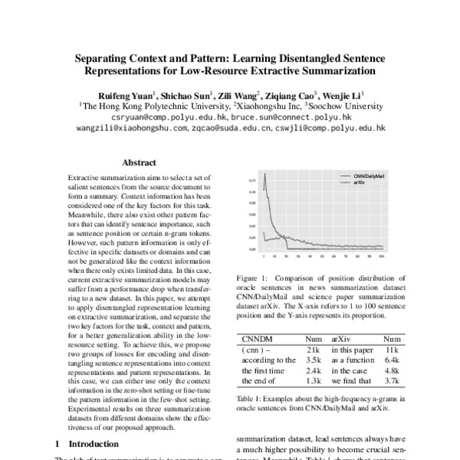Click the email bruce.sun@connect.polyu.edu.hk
(291, 118)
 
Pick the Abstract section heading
(140, 163)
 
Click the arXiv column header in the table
(342, 338)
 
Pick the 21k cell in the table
(312, 349)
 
